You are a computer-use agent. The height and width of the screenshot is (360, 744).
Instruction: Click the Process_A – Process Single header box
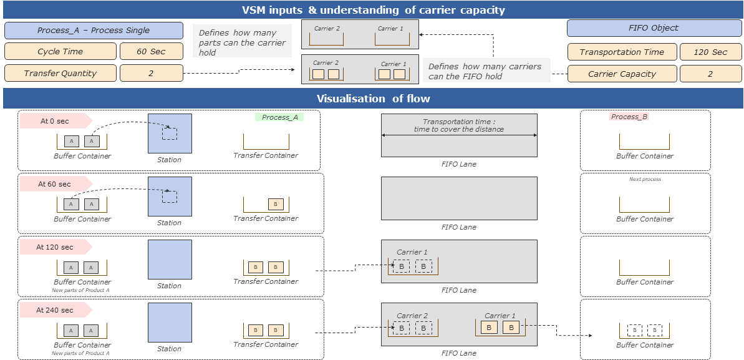click(94, 31)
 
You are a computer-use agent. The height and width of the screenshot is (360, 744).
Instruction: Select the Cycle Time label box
click(60, 51)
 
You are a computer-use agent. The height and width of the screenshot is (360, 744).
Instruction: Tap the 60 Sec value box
click(152, 51)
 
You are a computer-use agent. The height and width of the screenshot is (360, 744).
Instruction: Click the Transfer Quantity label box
click(60, 73)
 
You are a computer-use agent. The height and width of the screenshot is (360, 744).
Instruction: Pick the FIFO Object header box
click(654, 28)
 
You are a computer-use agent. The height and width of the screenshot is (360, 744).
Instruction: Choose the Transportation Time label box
click(622, 52)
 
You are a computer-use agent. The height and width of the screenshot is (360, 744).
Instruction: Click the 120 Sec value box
click(710, 52)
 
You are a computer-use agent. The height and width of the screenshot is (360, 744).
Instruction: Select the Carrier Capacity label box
click(622, 74)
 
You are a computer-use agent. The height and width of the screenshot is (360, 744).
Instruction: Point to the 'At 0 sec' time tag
click(55, 121)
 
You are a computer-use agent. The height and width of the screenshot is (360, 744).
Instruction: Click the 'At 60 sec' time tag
click(55, 184)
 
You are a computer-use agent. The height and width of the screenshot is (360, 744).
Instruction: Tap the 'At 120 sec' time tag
click(55, 247)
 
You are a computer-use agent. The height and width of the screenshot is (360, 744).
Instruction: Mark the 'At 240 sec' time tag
click(55, 310)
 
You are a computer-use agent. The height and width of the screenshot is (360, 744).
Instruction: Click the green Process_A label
click(279, 117)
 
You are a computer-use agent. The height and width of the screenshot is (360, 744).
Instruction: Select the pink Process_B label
click(629, 117)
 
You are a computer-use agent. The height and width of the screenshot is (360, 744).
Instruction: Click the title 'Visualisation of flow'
click(373, 99)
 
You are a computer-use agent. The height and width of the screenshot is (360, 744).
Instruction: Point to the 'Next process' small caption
click(645, 179)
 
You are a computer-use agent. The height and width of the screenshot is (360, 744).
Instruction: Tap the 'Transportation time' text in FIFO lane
click(458, 125)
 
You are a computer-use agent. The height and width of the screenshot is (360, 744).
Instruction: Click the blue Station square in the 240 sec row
click(170, 323)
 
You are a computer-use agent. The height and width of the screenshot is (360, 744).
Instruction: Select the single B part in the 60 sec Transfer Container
click(275, 204)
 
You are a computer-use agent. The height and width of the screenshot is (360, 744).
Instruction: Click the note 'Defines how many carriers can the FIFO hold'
click(485, 71)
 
